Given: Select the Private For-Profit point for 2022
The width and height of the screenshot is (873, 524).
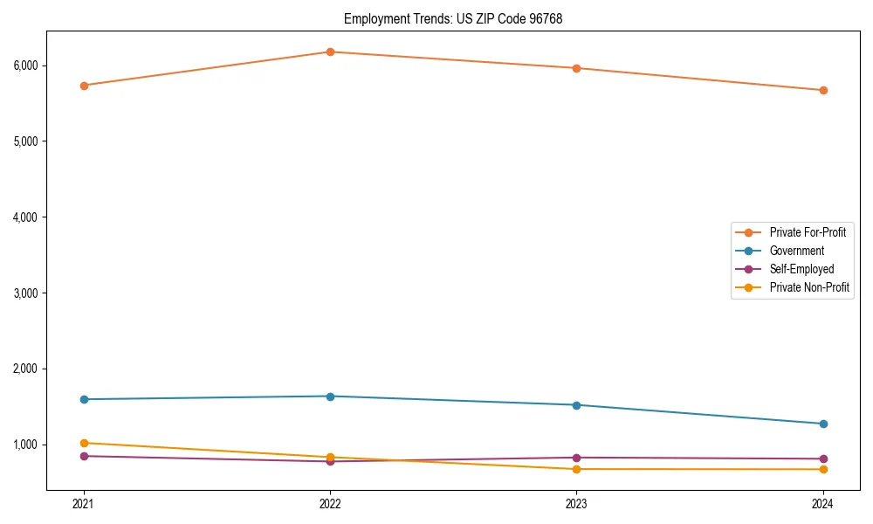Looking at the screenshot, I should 330,52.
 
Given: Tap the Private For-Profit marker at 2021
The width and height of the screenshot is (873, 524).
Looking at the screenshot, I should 84,86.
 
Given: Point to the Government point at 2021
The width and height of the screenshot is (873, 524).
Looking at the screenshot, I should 84,399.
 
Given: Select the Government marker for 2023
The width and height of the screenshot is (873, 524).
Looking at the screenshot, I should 576,405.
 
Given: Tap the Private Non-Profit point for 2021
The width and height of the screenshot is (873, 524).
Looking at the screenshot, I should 84,443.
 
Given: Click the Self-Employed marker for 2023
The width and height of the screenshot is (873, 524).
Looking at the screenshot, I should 576,458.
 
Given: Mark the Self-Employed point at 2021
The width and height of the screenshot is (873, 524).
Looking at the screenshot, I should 84,456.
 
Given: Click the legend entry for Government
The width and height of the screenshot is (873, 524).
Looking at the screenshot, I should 796,251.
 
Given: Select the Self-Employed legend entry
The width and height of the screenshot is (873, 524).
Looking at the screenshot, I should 801,269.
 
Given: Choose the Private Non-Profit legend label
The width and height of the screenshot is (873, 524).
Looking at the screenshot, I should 809,287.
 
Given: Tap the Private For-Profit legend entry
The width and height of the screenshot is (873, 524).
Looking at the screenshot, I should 807,232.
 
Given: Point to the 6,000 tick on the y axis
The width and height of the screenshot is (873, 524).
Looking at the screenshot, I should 25,65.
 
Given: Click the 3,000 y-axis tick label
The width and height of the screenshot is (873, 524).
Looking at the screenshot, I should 25,293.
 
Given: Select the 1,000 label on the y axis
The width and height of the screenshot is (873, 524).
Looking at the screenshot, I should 25,445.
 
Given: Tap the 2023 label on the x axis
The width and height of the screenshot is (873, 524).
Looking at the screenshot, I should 576,503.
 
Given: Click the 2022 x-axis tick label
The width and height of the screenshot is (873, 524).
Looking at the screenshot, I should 330,503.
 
